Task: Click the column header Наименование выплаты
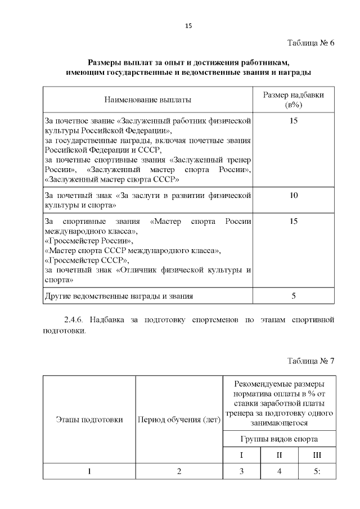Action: pyautogui.click(x=147, y=100)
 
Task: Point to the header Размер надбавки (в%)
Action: pyautogui.click(x=294, y=100)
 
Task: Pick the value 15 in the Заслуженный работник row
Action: pyautogui.click(x=294, y=121)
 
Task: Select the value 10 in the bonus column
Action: pyautogui.click(x=294, y=195)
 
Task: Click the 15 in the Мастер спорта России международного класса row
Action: pyautogui.click(x=294, y=222)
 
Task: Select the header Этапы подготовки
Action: pyautogui.click(x=89, y=419)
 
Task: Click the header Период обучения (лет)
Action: pyautogui.click(x=179, y=419)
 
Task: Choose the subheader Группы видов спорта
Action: pyautogui.click(x=279, y=438)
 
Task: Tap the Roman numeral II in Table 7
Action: pyautogui.click(x=279, y=454)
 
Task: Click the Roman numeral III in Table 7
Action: pyautogui.click(x=317, y=454)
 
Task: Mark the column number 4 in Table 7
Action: pyautogui.click(x=279, y=471)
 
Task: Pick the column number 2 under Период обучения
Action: pyautogui.click(x=179, y=471)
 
